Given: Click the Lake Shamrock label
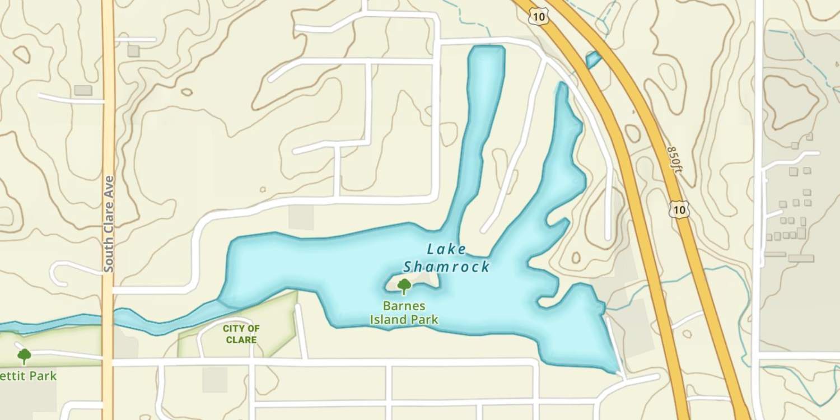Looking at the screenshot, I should [x=446, y=258].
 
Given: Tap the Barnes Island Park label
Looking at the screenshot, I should [x=404, y=313].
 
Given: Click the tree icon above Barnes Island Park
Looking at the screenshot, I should [x=404, y=286].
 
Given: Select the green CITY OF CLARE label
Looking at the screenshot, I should [x=241, y=334].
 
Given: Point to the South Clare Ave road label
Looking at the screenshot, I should [x=109, y=224].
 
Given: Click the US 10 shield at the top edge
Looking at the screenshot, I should [x=538, y=17].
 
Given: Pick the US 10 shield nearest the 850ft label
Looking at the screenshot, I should [x=679, y=209].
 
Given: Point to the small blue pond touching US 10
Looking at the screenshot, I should [x=592, y=59].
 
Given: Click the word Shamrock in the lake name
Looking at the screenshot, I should [x=446, y=267].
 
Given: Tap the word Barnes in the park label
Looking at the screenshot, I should [x=404, y=306].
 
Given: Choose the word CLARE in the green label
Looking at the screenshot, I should [x=241, y=339].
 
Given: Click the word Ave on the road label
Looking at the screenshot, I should [x=109, y=185].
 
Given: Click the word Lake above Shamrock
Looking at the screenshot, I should [x=446, y=249].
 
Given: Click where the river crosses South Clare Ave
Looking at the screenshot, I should [x=108, y=320].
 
